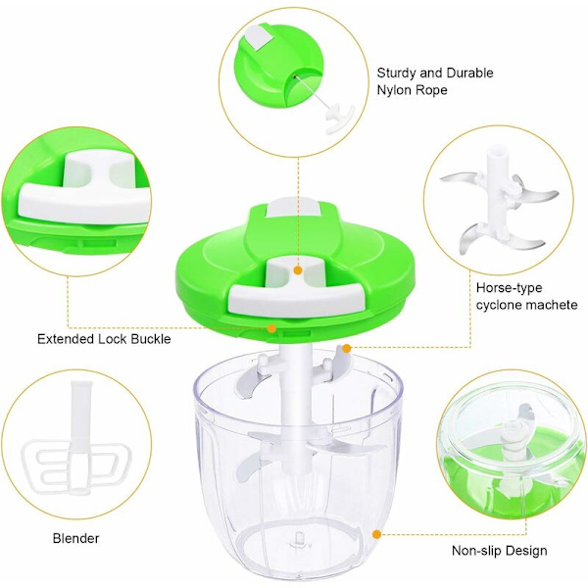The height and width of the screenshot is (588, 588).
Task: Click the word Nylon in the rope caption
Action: click(x=396, y=90)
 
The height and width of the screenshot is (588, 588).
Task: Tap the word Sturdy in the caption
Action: click(x=397, y=73)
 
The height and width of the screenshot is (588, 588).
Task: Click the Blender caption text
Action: click(x=76, y=538)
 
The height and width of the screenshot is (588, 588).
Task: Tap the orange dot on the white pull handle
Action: click(x=298, y=270)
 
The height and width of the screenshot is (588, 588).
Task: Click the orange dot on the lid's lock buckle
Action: click(x=271, y=328)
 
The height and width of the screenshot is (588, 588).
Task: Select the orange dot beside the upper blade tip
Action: click(x=347, y=349)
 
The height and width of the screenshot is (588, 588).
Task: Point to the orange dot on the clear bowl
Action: click(x=377, y=534)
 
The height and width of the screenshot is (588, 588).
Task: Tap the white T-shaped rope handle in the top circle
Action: click(x=339, y=120)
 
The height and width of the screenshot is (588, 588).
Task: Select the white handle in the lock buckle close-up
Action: click(x=84, y=191)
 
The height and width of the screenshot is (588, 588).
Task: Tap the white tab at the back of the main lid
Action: click(x=292, y=208)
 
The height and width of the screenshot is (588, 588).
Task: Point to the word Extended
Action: click(x=66, y=339)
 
